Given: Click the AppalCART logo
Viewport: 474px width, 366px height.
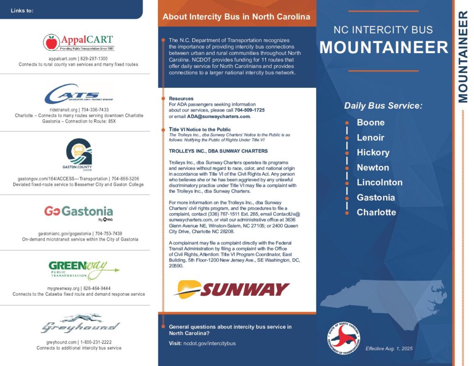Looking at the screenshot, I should pyautogui.click(x=78, y=42).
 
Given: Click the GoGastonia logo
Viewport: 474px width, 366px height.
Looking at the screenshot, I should pyautogui.click(x=78, y=212).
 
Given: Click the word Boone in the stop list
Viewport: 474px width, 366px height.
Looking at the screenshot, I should pyautogui.click(x=370, y=123).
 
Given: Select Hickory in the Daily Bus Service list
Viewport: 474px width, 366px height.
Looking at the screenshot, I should pyautogui.click(x=373, y=153).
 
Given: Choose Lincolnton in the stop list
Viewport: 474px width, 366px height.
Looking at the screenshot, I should pyautogui.click(x=379, y=182).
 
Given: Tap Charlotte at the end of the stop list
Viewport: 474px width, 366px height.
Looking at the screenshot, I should pyautogui.click(x=376, y=212).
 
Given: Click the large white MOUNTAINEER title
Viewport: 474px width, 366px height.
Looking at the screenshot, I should pyautogui.click(x=384, y=48).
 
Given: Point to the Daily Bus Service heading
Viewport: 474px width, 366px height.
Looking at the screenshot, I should pyautogui.click(x=383, y=106).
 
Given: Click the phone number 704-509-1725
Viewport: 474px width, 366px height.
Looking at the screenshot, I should pyautogui.click(x=249, y=111).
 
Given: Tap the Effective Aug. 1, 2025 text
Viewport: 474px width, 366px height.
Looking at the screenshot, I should pyautogui.click(x=389, y=348).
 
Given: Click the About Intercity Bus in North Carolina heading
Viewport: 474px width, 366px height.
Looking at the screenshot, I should pyautogui.click(x=237, y=17).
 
